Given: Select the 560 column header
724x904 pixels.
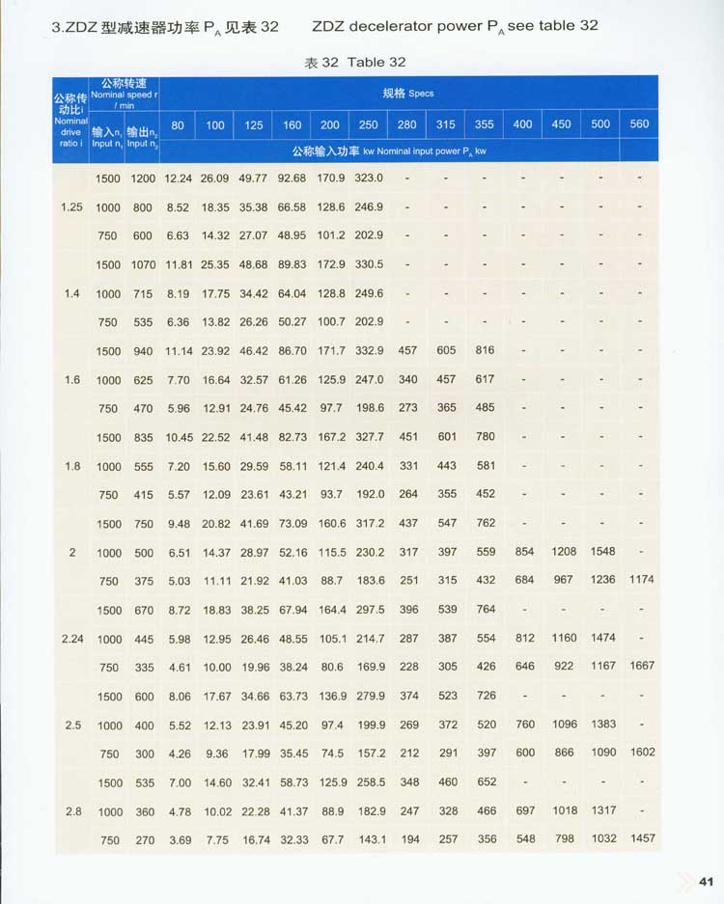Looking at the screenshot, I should tap(639, 124).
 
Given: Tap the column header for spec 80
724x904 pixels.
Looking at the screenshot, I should tap(178, 124).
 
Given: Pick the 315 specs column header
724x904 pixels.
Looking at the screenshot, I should tap(445, 124).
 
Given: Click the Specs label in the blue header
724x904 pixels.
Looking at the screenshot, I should tap(408, 94).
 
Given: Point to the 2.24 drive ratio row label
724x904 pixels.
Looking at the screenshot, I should tap(72, 639).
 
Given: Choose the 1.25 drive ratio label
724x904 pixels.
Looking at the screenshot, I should tap(72, 207).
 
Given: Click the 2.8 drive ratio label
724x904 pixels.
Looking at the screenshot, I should tap(73, 811).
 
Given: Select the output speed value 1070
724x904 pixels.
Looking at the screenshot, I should tap(144, 264).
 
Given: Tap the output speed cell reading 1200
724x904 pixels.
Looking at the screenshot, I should tap(144, 178).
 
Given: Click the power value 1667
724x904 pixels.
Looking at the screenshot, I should tap(642, 667).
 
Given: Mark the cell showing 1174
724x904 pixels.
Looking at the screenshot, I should tap(642, 580).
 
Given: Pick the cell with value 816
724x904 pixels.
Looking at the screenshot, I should tap(485, 351).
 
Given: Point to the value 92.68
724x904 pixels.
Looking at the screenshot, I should tap(292, 178).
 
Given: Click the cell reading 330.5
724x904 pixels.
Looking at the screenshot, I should tap(369, 264).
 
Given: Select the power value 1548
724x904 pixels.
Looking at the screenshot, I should tap(600, 552).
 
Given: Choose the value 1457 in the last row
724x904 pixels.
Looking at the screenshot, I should tap(642, 839).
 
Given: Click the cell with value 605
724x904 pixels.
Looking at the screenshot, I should tap(446, 351).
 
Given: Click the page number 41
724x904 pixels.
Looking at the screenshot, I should tap(705, 880).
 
